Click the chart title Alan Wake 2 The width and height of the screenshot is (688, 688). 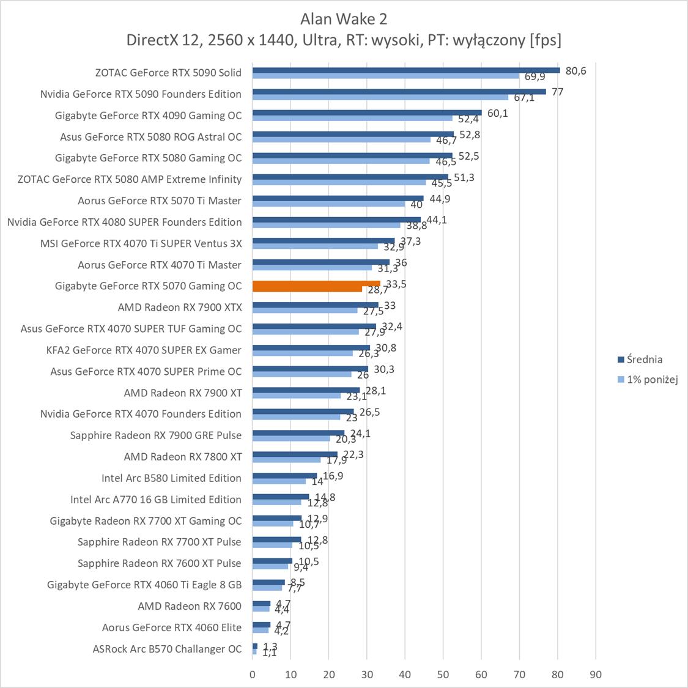coord(344,19)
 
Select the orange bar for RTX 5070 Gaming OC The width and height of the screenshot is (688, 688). coord(316,284)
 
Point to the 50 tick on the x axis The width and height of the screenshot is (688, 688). coord(443,675)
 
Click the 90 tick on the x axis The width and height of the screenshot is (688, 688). coord(596,675)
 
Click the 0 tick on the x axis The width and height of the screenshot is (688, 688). coord(253,675)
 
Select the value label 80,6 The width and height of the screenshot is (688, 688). coord(575,71)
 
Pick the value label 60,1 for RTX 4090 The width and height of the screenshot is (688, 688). coord(497,113)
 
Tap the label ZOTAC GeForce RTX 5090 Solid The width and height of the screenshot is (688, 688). coord(168,73)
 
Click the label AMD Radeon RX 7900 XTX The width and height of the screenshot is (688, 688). coord(180,307)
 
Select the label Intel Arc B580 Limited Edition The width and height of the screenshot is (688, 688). coord(171,478)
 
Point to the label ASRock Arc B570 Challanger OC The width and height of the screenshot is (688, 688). coord(167,649)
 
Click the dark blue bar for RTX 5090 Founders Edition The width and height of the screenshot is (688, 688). coord(399,92)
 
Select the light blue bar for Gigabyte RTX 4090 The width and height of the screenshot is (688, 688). coord(352,119)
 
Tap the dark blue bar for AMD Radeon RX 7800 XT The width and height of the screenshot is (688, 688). coord(295,454)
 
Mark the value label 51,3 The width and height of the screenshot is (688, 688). coord(464,177)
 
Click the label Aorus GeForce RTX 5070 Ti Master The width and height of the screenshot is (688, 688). coord(160,201)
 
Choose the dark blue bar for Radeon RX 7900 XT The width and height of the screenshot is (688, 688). coord(306,390)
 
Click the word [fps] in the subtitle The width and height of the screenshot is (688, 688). coord(546,40)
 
